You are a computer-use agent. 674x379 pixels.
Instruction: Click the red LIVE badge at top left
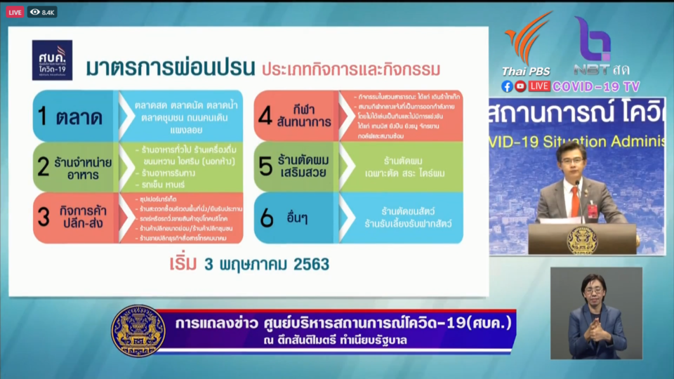coord(15,12)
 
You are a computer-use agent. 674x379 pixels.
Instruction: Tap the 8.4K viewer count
coord(43,12)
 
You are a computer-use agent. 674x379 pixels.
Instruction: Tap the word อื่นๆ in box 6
coord(296,218)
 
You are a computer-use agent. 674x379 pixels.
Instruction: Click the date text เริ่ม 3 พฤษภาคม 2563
coord(249,265)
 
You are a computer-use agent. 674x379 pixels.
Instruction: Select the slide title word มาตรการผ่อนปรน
coord(169,69)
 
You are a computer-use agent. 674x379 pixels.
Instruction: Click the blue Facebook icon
coord(507,86)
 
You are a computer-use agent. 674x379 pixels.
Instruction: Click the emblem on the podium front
coord(582,239)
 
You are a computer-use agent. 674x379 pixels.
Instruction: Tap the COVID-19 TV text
coord(596,86)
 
